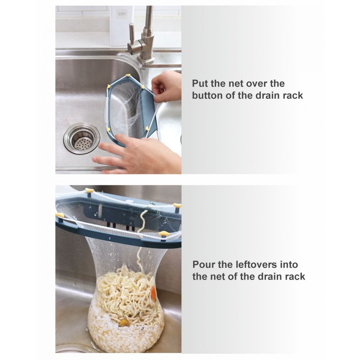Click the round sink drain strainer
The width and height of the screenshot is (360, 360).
click(x=82, y=138)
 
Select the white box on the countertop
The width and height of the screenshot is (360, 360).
click(x=122, y=26)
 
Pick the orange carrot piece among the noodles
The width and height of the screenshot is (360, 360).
click(x=153, y=293)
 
